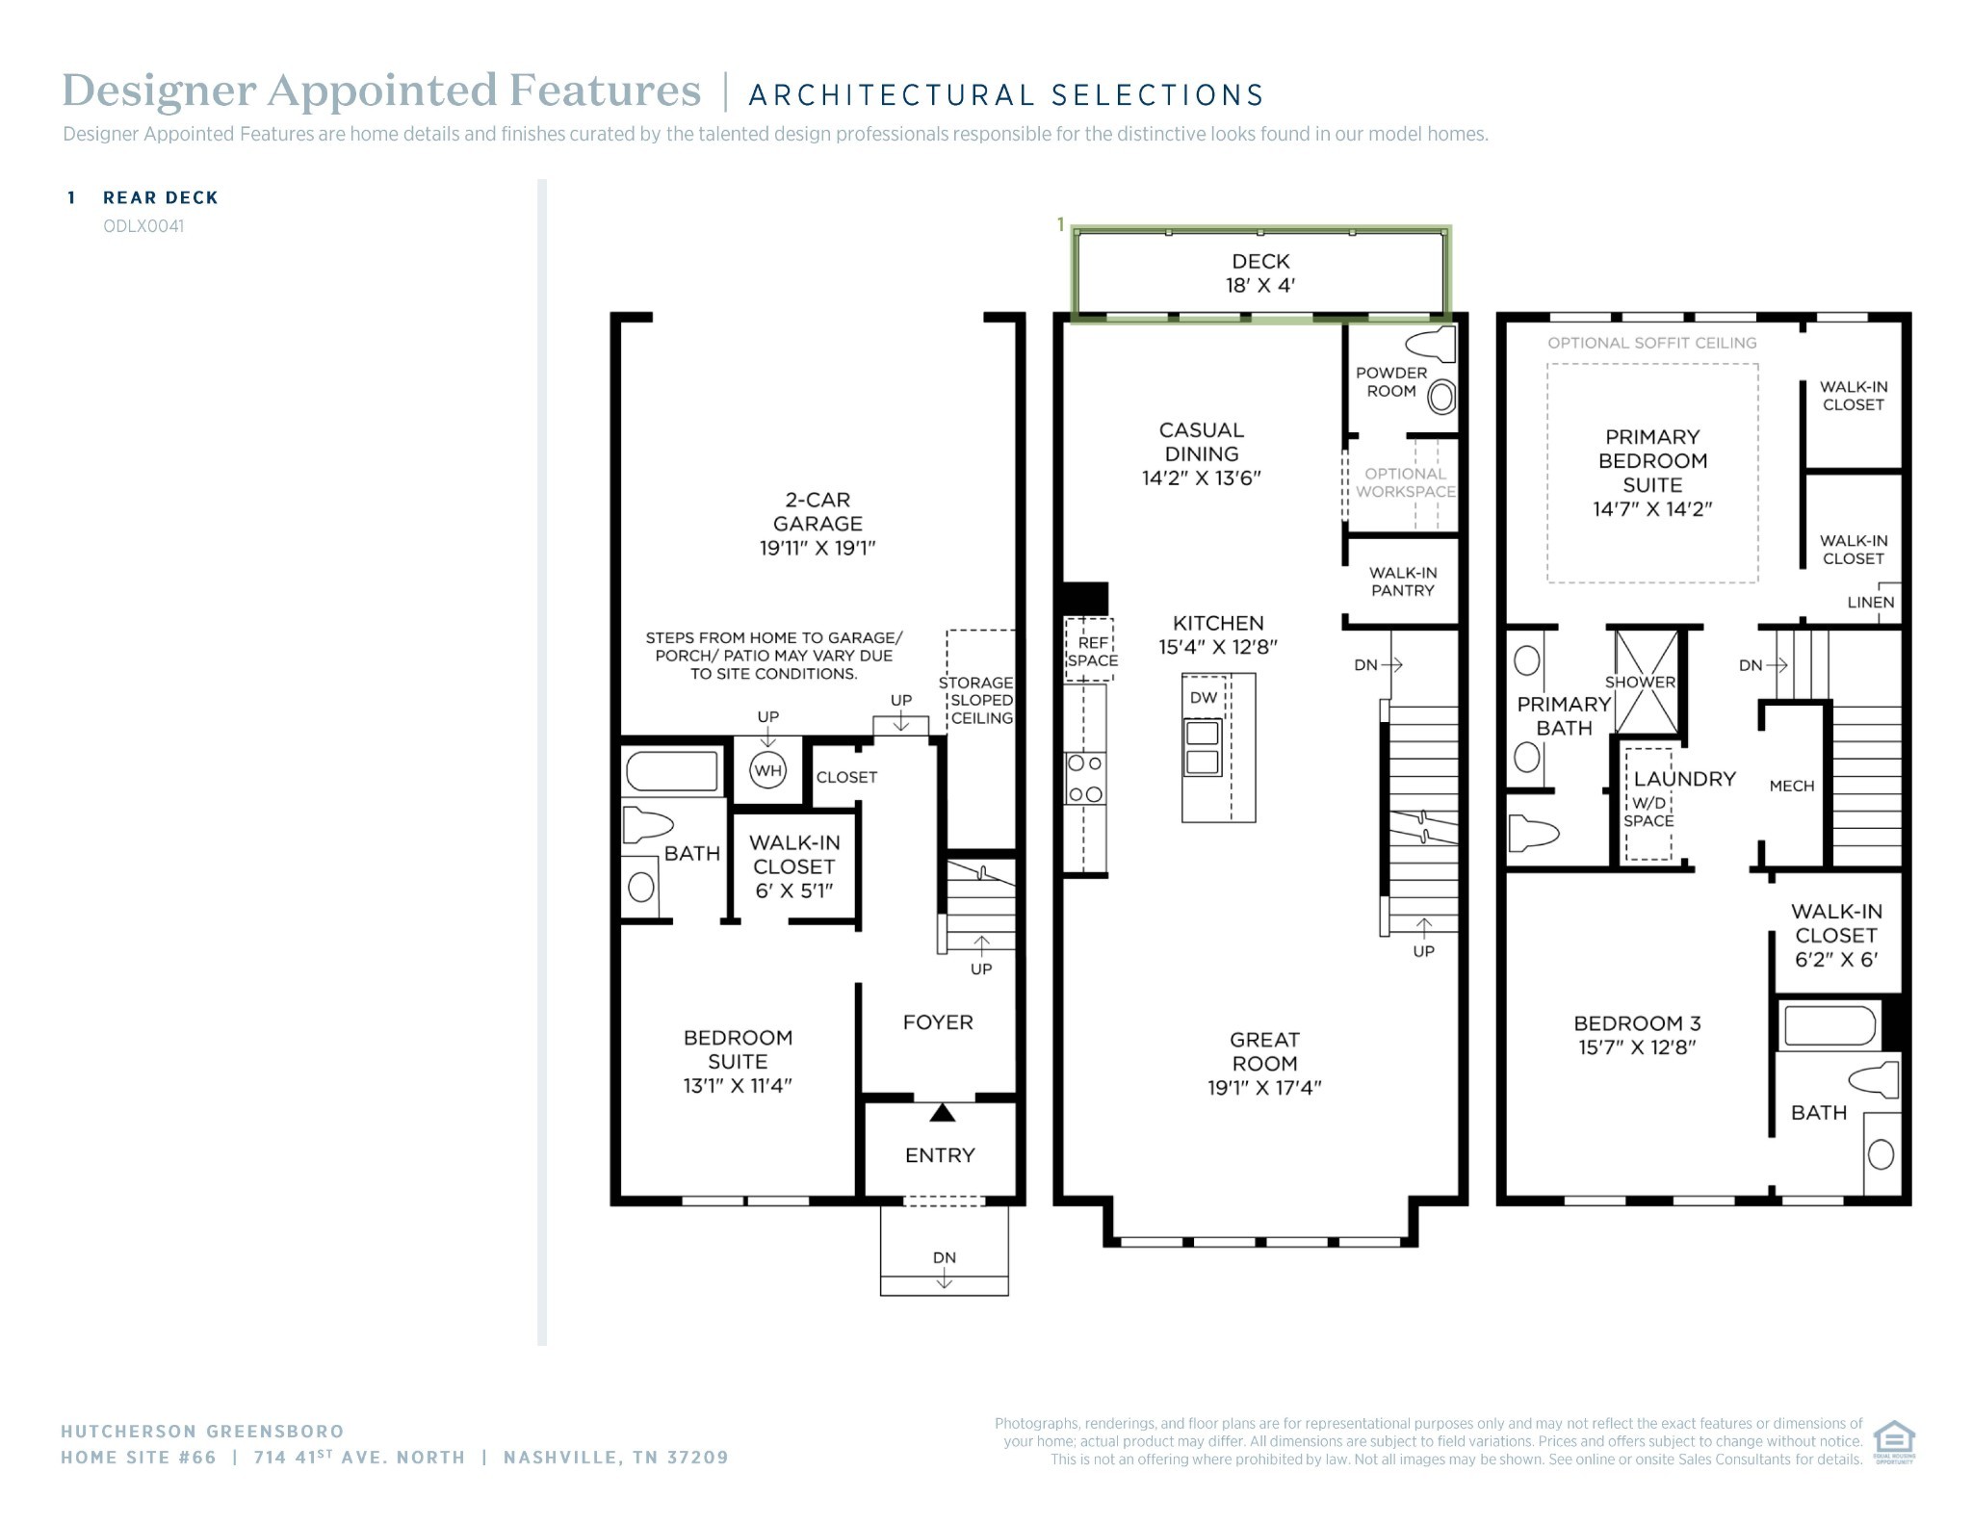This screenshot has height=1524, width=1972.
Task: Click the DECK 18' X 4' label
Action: [x=1260, y=273]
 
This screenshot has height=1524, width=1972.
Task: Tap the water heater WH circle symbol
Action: [x=767, y=770]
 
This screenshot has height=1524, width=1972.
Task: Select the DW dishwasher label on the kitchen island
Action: [x=1204, y=698]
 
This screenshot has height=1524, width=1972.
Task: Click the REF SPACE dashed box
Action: [x=1089, y=650]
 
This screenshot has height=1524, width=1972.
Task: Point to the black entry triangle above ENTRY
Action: [x=942, y=1113]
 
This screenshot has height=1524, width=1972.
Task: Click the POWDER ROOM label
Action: [x=1391, y=382]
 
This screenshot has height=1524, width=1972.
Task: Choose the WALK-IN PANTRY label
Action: [x=1403, y=581]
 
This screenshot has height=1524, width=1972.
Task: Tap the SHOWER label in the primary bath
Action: [x=1640, y=682]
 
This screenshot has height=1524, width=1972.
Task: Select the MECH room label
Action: [x=1792, y=786]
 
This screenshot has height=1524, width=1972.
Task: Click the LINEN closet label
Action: [x=1871, y=603]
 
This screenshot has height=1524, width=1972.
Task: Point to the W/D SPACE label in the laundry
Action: [x=1648, y=812]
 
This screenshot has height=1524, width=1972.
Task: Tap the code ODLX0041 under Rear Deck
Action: [x=143, y=226]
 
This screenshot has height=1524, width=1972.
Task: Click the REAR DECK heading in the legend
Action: [x=161, y=197]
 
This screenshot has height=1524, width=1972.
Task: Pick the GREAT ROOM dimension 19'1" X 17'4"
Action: [x=1264, y=1088]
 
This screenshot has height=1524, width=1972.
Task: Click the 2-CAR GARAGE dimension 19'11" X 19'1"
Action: [x=817, y=548]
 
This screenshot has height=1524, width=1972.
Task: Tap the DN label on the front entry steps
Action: [x=944, y=1257]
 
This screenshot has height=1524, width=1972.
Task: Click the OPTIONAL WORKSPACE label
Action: [x=1406, y=482]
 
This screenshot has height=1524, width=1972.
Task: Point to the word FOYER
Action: [x=938, y=1022]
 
